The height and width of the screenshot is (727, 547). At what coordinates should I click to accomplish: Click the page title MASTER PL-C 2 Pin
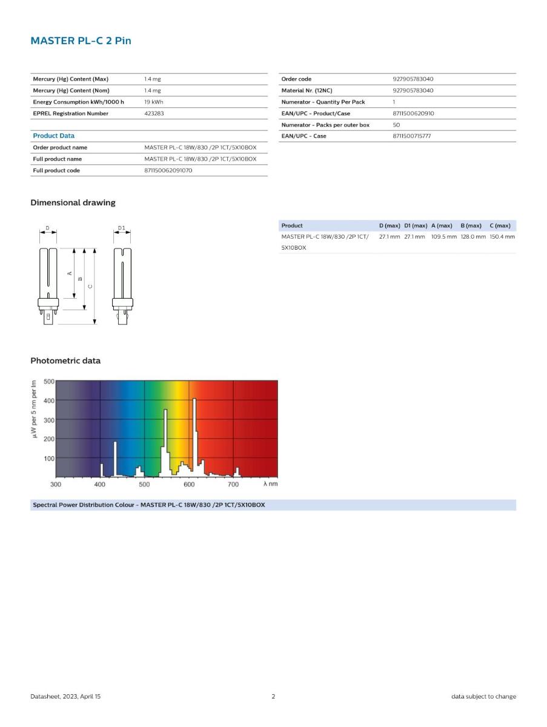pyautogui.click(x=81, y=41)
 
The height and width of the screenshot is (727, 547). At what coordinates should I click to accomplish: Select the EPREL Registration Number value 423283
pyautogui.click(x=154, y=113)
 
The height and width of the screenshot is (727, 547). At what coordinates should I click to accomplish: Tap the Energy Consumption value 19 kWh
pyautogui.click(x=153, y=102)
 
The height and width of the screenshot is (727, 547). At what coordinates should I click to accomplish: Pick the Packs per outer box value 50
pyautogui.click(x=396, y=125)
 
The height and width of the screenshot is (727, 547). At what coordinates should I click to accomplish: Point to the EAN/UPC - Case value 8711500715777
pyautogui.click(x=411, y=136)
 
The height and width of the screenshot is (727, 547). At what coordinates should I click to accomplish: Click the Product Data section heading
pyautogui.click(x=53, y=136)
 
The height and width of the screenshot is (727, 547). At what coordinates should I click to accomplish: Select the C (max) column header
pyautogui.click(x=500, y=225)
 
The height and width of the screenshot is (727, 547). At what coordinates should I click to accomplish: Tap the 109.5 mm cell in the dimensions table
pyautogui.click(x=443, y=236)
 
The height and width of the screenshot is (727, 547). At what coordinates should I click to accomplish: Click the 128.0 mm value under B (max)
pyautogui.click(x=472, y=236)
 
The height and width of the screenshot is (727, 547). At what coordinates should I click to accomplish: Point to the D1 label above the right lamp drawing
pyautogui.click(x=121, y=228)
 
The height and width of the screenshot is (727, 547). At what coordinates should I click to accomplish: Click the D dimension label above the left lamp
pyautogui.click(x=48, y=228)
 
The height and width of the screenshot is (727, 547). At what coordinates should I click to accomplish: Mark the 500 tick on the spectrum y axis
pyautogui.click(x=48, y=382)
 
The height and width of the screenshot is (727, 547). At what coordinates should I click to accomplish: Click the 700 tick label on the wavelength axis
pyautogui.click(x=233, y=485)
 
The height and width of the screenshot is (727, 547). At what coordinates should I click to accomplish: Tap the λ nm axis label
pyautogui.click(x=270, y=485)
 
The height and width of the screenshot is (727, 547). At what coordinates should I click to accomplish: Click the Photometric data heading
pyautogui.click(x=65, y=360)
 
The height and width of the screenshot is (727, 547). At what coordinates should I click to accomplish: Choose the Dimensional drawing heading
pyautogui.click(x=73, y=202)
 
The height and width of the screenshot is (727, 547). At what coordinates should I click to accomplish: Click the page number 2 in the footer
pyautogui.click(x=273, y=696)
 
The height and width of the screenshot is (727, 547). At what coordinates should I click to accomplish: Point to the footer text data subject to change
pyautogui.click(x=483, y=696)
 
